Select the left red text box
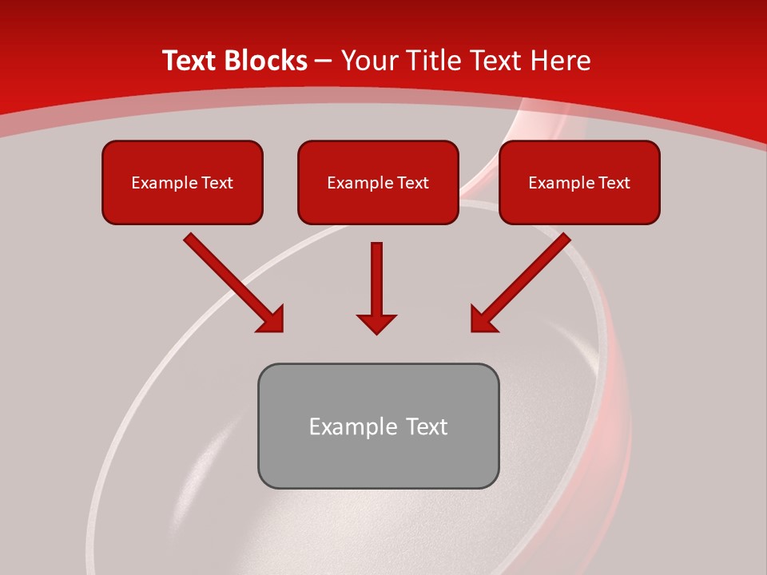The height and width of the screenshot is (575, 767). click(x=182, y=182)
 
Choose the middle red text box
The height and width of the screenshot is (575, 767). click(x=378, y=182)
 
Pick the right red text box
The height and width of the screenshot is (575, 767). click(x=579, y=182)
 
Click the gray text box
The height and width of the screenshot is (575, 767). click(x=378, y=426)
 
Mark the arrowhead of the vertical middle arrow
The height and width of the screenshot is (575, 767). click(x=377, y=323)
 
